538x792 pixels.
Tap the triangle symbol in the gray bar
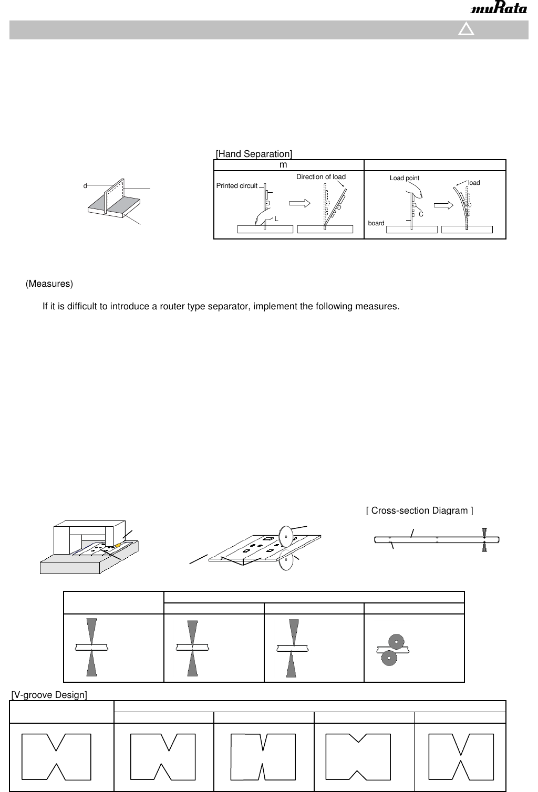[x=466, y=29]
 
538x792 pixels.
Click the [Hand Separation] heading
[x=254, y=154]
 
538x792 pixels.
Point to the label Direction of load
[x=320, y=177]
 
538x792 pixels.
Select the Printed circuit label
[x=237, y=186]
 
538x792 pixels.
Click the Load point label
[x=404, y=178]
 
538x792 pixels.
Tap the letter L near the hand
[x=276, y=219]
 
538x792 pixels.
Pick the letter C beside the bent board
[x=421, y=214]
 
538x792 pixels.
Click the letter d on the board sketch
[x=85, y=186]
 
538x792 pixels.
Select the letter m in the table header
[x=283, y=165]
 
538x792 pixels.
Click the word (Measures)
[x=49, y=284]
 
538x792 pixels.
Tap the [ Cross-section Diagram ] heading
[x=419, y=510]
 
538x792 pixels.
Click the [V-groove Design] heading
[x=49, y=695]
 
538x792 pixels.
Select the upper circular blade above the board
[x=286, y=536]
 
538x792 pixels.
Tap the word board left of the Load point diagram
[x=376, y=223]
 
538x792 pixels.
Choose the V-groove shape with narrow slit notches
[x=263, y=756]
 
